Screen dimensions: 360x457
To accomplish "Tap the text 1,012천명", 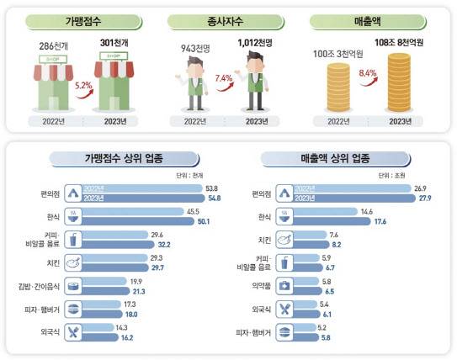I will pyautogui.click(x=258, y=41).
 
